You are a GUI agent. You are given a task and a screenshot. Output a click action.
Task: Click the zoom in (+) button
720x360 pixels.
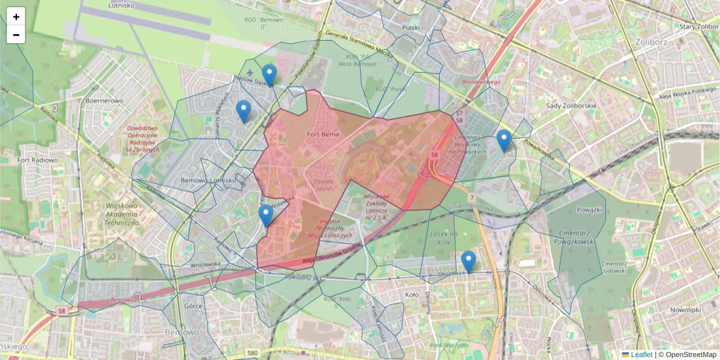(x=16, y=17)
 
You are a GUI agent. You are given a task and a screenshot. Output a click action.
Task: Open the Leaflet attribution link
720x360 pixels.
(x=641, y=355)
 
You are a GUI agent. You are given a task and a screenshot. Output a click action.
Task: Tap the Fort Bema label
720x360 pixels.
(x=322, y=134)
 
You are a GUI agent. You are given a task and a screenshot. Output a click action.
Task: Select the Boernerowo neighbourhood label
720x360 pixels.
(x=104, y=101)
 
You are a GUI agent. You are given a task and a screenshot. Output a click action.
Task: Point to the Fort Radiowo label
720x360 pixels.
(x=37, y=160)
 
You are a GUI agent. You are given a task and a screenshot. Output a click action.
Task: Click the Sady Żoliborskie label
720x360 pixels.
(x=571, y=106)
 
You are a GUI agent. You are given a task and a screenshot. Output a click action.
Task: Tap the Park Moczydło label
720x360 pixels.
(x=447, y=345)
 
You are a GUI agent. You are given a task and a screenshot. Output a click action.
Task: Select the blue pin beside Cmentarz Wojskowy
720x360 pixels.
(x=504, y=140)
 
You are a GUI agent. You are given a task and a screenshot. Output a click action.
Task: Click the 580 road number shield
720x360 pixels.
(x=252, y=353)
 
